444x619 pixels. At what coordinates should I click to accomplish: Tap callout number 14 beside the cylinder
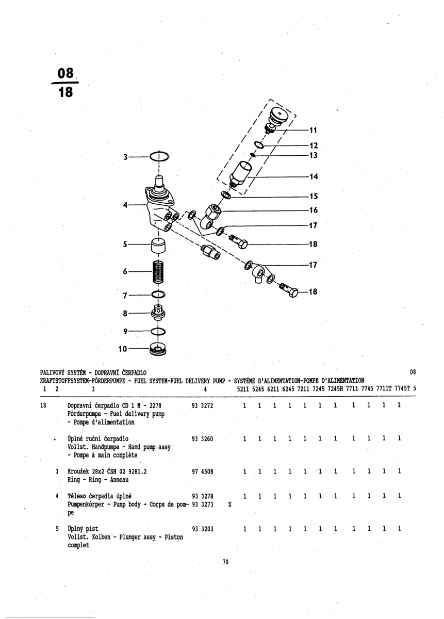[x=314, y=176]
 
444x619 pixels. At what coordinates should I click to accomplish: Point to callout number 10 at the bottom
[x=123, y=349]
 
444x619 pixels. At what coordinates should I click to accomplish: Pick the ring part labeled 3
[x=159, y=156]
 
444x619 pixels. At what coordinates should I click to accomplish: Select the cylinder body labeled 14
[x=241, y=172]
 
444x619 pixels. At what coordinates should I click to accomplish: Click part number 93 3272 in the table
[x=202, y=406]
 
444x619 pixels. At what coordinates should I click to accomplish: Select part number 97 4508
[x=202, y=471]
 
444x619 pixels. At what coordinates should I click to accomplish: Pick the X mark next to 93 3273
[x=229, y=504]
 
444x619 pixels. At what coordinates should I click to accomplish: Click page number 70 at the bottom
[x=225, y=562]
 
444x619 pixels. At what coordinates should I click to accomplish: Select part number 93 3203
[x=202, y=529]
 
